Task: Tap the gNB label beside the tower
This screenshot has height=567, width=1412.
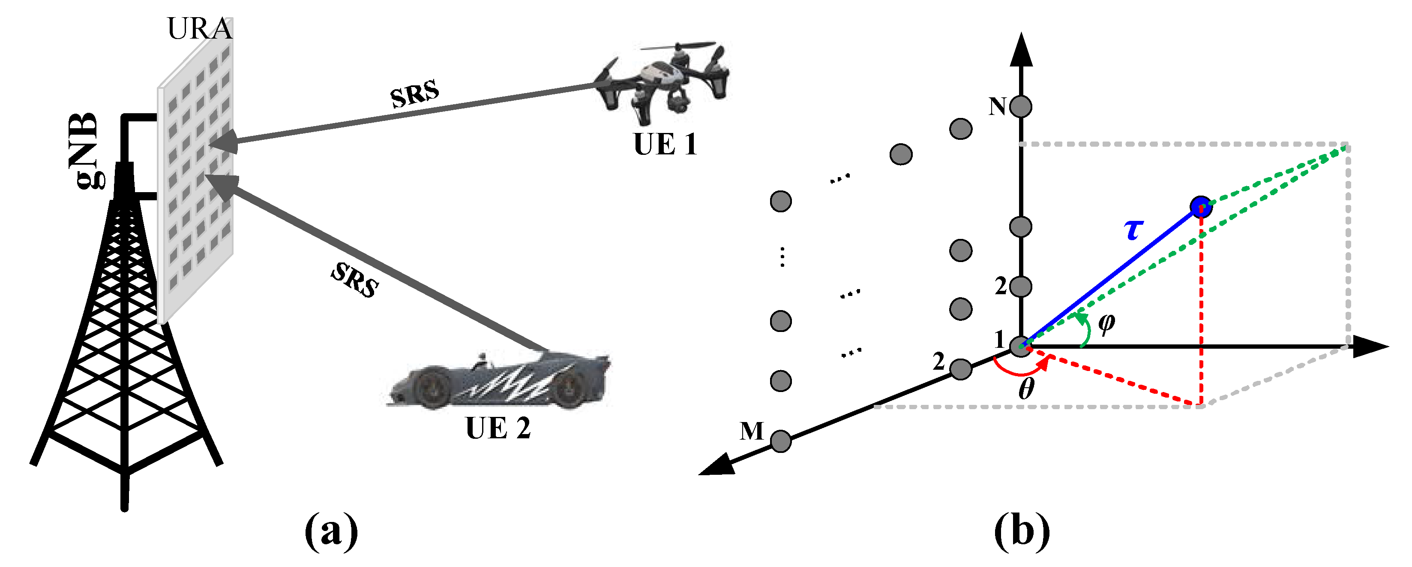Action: pyautogui.click(x=86, y=151)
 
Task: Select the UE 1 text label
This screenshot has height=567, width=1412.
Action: pyautogui.click(x=665, y=145)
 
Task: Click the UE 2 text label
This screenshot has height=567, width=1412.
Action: pyautogui.click(x=498, y=428)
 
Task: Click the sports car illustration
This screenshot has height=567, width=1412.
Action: pyautogui.click(x=499, y=381)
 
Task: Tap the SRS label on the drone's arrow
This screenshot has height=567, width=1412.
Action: pyautogui.click(x=414, y=93)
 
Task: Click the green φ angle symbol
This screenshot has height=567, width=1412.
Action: pyautogui.click(x=1106, y=323)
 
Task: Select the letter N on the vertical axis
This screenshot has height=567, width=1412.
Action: pyautogui.click(x=998, y=106)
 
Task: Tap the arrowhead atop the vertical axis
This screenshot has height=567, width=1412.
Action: pyautogui.click(x=1021, y=49)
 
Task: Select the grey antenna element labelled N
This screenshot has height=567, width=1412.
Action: pyautogui.click(x=1021, y=106)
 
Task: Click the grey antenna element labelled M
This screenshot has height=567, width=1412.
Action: pyautogui.click(x=780, y=440)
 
